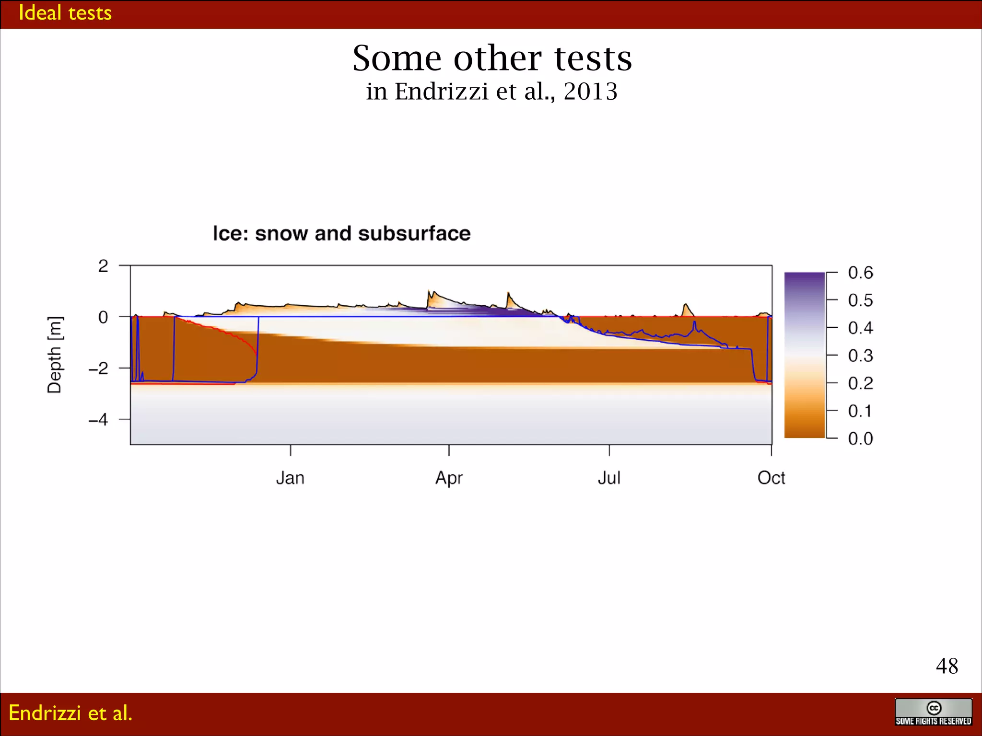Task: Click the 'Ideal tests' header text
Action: coord(65,13)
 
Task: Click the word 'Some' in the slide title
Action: coord(397,58)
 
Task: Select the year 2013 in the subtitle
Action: coord(590,91)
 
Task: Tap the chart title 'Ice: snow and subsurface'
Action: coord(341,233)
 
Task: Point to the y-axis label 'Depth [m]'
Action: coord(55,355)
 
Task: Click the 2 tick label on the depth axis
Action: coord(103,266)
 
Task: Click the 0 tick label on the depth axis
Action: coord(103,317)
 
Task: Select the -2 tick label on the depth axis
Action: coord(99,368)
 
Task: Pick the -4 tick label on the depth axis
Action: coord(99,420)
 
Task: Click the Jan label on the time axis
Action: coord(290,478)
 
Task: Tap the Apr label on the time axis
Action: coord(449,478)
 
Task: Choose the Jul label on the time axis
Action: coord(609,478)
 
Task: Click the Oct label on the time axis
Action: coord(771,478)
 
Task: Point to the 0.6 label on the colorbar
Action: coord(860,273)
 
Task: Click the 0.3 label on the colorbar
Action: coord(860,356)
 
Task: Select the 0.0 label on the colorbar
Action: coord(860,438)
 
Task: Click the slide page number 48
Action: coord(947,666)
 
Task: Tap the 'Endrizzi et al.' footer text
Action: coord(70,713)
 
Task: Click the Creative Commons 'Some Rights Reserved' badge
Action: coord(933,712)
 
